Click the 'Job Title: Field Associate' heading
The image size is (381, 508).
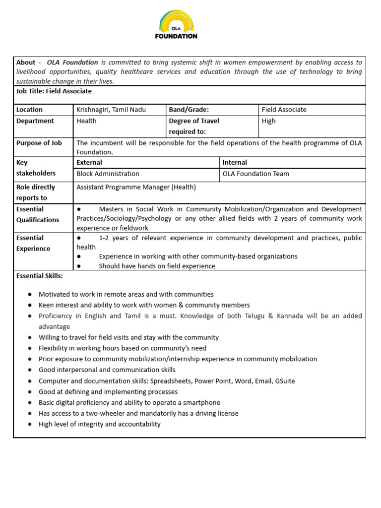[54, 91]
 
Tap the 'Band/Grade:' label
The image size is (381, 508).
[189, 110]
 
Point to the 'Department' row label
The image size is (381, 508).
[35, 121]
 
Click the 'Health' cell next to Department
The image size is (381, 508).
[87, 121]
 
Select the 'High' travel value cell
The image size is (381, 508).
[269, 121]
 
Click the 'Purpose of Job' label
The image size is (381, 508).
[39, 143]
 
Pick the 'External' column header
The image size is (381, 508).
[89, 162]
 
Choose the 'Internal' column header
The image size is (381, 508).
[235, 162]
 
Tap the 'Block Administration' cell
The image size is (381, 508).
[108, 174]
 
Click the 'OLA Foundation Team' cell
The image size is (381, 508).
[256, 174]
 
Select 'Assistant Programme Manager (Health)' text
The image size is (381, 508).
[136, 187]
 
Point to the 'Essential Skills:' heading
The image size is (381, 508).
[40, 275]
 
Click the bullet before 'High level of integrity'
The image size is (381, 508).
[30, 424]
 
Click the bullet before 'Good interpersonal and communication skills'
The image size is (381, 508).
[30, 370]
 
